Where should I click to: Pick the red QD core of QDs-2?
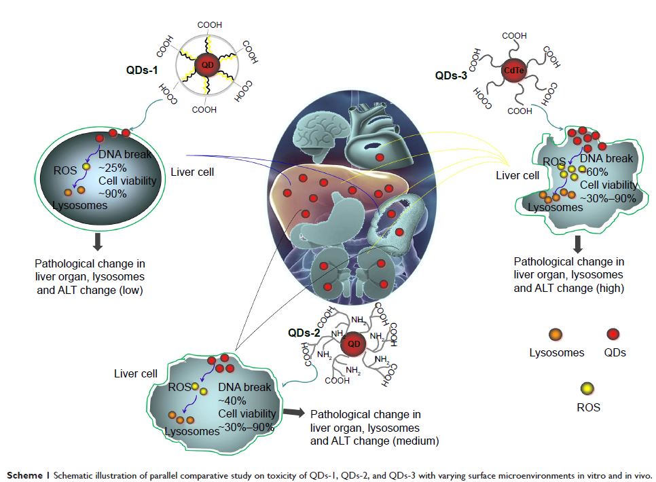pyautogui.click(x=354, y=344)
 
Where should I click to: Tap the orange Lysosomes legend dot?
pyautogui.click(x=555, y=333)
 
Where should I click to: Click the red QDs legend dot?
pyautogui.click(x=615, y=333)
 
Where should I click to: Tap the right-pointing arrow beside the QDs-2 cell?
pyautogui.click(x=293, y=412)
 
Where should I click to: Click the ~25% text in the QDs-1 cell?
pyautogui.click(x=113, y=167)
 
